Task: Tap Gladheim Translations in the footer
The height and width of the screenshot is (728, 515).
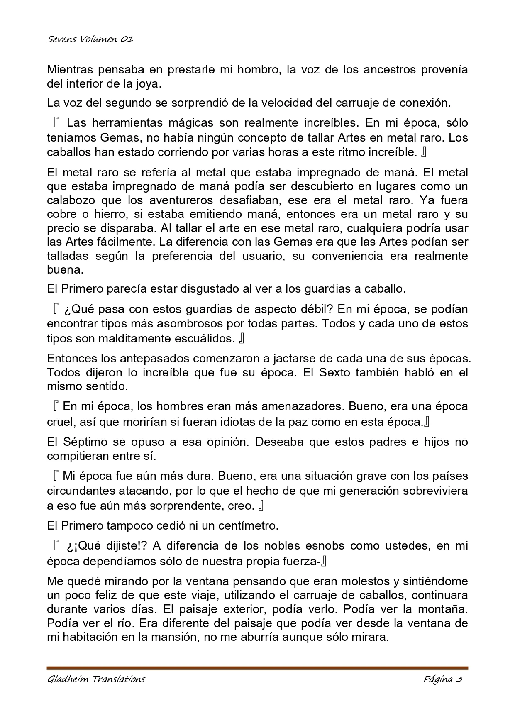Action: point(96,679)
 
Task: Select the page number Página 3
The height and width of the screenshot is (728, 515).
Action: point(443,679)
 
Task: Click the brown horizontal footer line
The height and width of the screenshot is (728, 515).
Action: point(257,668)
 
